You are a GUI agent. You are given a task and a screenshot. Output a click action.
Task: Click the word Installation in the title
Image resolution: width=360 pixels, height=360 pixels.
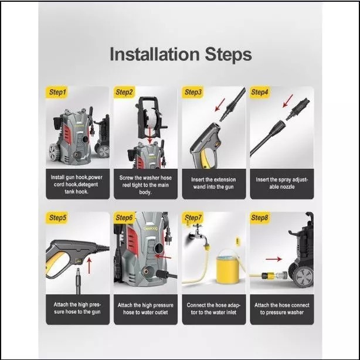(155, 54)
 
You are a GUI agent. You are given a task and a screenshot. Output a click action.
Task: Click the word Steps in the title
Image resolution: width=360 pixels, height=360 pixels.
(228, 55)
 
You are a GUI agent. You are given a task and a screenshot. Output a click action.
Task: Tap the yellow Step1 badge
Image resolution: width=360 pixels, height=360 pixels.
(57, 92)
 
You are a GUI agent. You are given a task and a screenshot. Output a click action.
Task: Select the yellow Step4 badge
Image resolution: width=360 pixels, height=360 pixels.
(260, 92)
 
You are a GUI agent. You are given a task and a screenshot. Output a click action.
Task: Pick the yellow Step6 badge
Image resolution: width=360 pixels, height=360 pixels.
(124, 218)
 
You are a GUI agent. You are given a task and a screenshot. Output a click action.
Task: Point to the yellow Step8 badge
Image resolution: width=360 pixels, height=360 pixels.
(260, 218)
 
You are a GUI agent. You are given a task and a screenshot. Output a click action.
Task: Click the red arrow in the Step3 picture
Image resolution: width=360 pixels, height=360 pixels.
(220, 105)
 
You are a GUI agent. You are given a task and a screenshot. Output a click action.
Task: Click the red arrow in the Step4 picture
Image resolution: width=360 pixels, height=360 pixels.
(288, 101)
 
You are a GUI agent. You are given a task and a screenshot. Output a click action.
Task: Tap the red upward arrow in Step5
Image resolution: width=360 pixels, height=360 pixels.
(89, 266)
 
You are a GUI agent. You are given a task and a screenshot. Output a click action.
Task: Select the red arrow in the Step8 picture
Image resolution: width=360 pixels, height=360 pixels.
(274, 259)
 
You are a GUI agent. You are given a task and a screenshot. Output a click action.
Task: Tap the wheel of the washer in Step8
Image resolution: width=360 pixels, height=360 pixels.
(304, 276)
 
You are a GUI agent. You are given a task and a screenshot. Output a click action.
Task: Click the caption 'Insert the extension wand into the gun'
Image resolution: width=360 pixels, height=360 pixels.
(213, 183)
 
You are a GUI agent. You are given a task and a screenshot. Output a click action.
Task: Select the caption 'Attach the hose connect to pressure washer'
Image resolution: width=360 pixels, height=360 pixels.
(281, 308)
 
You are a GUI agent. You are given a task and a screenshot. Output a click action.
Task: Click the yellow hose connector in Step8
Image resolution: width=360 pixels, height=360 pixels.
(268, 275)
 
